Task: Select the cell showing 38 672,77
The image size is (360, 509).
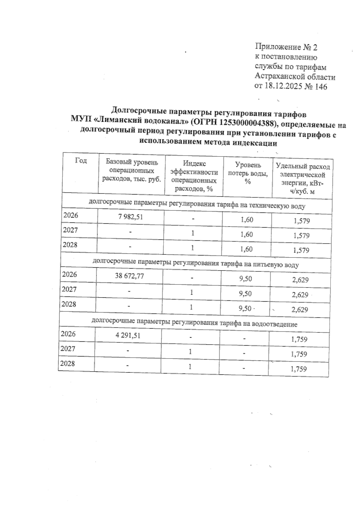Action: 129,276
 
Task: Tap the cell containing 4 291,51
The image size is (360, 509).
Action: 128,335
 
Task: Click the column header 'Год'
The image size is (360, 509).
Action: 81,161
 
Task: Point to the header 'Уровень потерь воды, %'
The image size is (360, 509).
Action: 248,174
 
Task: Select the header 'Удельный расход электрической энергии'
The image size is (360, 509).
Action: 302,179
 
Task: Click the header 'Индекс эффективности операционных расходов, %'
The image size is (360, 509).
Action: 194,176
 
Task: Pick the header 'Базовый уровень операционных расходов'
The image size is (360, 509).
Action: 132,171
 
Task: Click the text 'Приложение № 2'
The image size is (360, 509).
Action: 286,47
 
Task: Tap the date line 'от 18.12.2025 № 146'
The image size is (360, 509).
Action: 290,87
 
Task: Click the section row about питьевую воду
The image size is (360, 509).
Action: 196,263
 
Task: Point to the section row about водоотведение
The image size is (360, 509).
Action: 194,323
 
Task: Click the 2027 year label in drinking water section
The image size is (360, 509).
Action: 69,289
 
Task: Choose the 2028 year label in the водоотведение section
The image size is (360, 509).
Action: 68,364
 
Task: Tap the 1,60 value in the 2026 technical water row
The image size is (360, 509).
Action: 247,220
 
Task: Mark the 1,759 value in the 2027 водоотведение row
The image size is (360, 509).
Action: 298,354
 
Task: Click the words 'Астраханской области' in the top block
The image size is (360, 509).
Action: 295,77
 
